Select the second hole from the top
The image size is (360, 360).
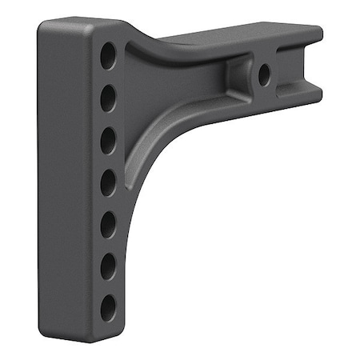(108, 99)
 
